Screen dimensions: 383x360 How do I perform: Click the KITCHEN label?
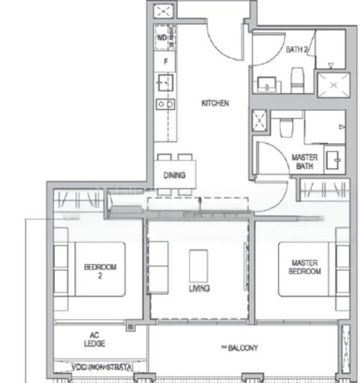pos(214,103)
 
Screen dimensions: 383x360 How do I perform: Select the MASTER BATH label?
pos(304,162)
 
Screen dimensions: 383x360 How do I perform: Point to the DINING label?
pos(174,175)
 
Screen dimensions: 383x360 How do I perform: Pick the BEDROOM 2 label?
pos(100,272)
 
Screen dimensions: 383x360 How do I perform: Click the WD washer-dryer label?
pos(161,36)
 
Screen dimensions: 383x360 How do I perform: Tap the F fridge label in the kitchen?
pos(166,62)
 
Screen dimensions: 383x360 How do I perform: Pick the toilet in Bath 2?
pos(296,80)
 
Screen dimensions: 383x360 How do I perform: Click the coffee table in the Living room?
pos(198,264)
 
